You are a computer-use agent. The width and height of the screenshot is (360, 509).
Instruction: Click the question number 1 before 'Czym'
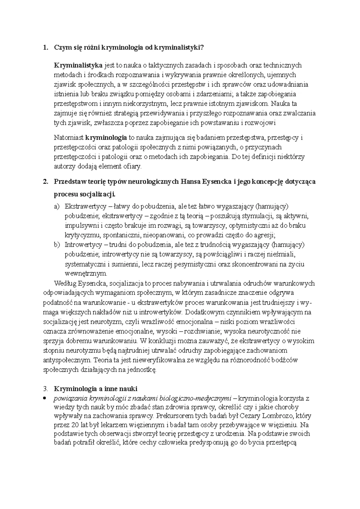[x=45, y=47]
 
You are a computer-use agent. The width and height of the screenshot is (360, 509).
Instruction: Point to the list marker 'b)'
[x=57, y=245]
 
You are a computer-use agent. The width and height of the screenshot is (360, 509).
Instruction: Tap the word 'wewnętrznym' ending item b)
[x=85, y=273]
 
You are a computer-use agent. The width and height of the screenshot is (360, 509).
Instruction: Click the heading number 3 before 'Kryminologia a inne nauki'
[x=45, y=389]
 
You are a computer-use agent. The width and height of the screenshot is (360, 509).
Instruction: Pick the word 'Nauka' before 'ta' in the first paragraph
[x=278, y=104]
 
